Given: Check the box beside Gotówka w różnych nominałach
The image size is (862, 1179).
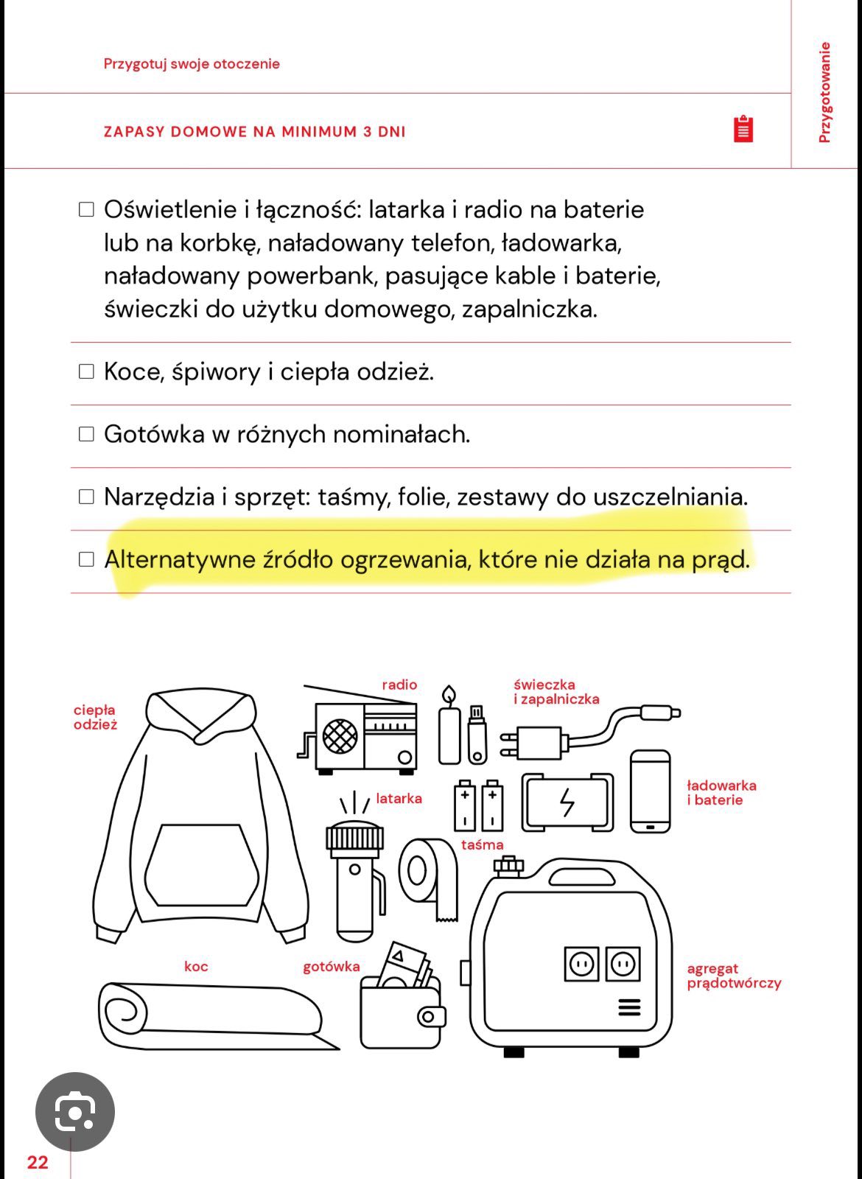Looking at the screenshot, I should (87, 434).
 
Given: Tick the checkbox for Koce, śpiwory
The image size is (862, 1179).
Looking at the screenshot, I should (87, 371).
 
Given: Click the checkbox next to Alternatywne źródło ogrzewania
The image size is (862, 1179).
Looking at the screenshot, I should (87, 559).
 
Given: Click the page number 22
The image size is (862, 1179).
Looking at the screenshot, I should (38, 1163).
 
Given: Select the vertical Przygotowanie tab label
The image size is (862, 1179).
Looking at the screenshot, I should (825, 92).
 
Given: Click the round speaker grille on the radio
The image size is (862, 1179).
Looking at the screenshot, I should (340, 735).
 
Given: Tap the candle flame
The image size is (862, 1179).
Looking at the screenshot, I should (449, 695).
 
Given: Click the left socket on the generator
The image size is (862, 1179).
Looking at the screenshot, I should (582, 964).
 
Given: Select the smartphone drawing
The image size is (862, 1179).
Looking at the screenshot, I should (651, 791).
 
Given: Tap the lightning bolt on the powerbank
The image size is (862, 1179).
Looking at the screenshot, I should (567, 802).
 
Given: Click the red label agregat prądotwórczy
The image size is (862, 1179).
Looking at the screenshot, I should (733, 976).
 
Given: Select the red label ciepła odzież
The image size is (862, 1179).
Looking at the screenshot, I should (95, 717).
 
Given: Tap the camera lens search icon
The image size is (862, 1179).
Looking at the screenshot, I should (75, 1111).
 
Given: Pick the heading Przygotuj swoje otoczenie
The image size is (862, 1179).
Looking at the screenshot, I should (192, 64).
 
